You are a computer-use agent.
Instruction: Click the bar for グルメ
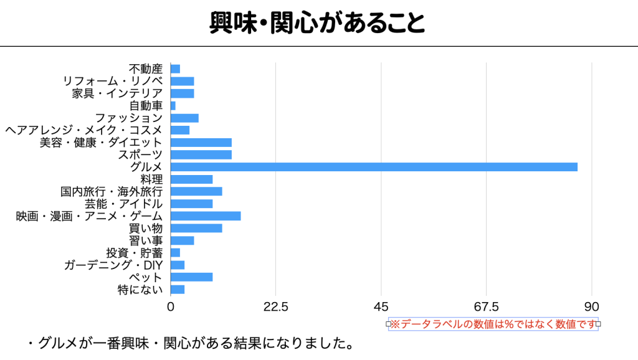374,167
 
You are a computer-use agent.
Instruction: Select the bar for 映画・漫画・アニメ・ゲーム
206,216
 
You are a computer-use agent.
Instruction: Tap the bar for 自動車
173,106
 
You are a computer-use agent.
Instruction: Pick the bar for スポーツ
201,154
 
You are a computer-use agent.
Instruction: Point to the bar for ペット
192,277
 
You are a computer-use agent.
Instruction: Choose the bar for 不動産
175,69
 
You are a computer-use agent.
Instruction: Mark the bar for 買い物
196,228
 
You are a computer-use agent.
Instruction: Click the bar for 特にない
178,290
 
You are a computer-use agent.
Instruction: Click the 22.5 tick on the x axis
275,306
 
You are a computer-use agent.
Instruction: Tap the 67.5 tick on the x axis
487,306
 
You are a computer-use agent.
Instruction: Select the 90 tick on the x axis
592,306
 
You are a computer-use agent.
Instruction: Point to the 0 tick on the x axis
171,306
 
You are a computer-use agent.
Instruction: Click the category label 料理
152,179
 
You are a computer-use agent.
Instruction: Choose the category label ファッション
129,118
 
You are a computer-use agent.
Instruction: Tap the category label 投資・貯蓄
135,253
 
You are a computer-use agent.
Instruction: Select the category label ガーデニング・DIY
113,265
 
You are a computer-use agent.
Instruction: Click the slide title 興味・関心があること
318,23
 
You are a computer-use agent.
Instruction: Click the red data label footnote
493,324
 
